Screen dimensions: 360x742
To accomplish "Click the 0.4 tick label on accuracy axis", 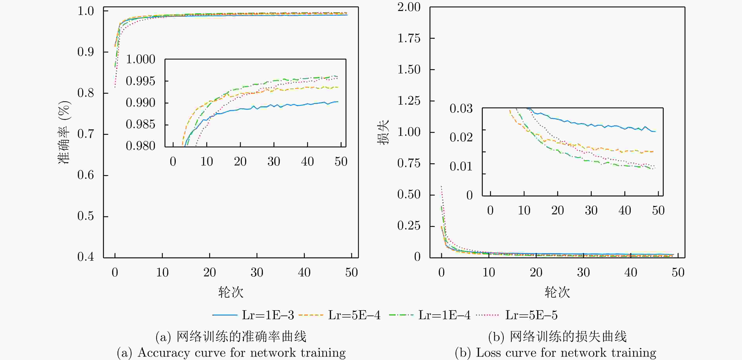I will tap(86, 257).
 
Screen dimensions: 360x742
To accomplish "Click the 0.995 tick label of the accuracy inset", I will tap(141, 81).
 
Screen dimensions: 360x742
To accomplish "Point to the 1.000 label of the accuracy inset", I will tap(141, 59).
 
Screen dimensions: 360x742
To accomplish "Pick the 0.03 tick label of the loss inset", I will tap(461, 109).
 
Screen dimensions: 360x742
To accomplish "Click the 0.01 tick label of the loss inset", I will tap(461, 166).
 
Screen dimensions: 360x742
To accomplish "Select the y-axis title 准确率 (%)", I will tap(64, 132).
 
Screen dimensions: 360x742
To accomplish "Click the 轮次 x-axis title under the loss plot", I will tap(557, 292).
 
